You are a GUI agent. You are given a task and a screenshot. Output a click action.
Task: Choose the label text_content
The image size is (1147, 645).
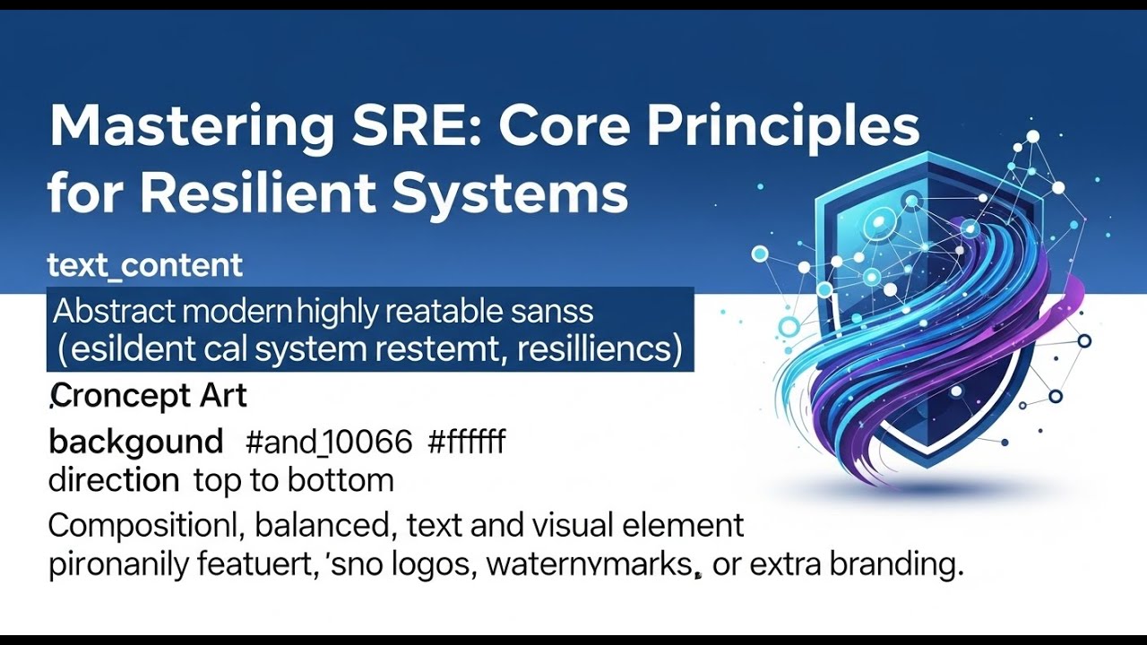(x=145, y=265)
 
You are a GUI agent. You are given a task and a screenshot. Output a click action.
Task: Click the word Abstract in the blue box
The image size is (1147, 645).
(x=114, y=312)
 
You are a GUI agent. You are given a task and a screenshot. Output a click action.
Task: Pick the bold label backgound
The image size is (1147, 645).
(x=135, y=442)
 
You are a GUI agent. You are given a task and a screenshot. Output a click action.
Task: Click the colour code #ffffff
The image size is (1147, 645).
(x=467, y=442)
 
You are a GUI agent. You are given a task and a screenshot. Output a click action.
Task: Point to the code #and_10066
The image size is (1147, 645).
(x=328, y=442)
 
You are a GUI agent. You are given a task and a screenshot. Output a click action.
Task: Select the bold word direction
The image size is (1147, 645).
(x=113, y=480)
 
